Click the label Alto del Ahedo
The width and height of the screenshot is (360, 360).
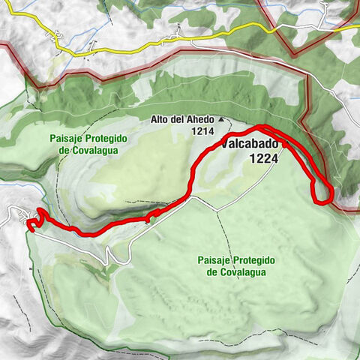point(182,119)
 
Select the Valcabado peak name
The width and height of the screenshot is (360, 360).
point(250,145)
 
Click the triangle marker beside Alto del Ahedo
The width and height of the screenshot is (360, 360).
point(221,119)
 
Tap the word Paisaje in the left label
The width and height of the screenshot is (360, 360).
point(67,138)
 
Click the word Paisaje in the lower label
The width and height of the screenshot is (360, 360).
point(214,259)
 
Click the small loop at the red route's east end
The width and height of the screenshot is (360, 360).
point(323,193)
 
